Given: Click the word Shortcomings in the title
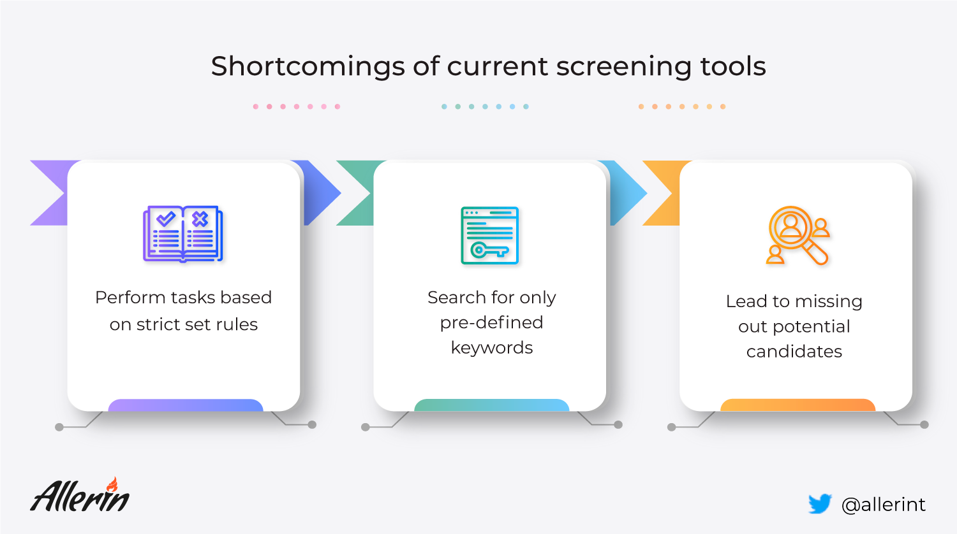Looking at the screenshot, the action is [308, 67].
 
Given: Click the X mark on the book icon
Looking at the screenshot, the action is [200, 219].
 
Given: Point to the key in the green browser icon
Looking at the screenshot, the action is [489, 250].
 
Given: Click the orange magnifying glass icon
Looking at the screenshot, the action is [797, 235].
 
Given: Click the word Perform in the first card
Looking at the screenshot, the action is [130, 298].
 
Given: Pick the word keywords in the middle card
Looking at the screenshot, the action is [492, 347].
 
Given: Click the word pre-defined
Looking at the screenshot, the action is [491, 322].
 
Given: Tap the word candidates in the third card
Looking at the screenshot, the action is [794, 352].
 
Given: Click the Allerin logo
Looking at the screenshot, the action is [80, 495].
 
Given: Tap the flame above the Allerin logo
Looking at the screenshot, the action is [112, 484].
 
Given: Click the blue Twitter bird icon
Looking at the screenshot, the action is [820, 503].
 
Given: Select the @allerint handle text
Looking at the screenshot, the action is [883, 505].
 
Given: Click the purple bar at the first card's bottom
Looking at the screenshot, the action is [186, 405].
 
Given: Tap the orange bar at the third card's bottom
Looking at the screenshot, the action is [797, 405].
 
